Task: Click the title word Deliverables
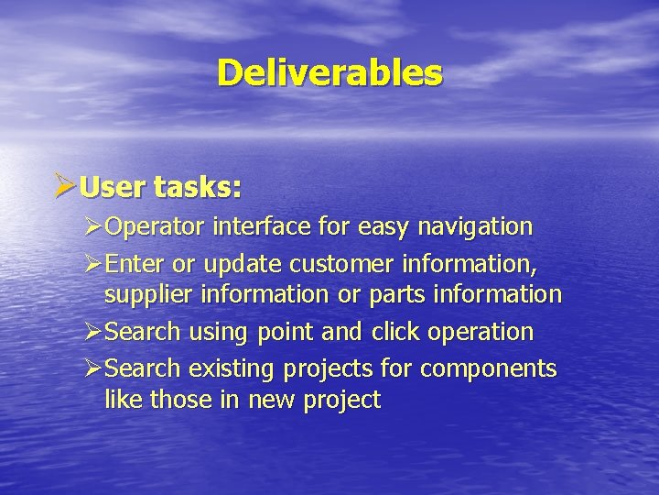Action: pos(329,72)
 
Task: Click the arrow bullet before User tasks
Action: pos(65,188)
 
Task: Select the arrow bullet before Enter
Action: pos(92,265)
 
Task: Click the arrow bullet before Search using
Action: pos(92,331)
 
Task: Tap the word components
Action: pos(490,368)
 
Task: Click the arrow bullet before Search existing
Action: pos(92,368)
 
